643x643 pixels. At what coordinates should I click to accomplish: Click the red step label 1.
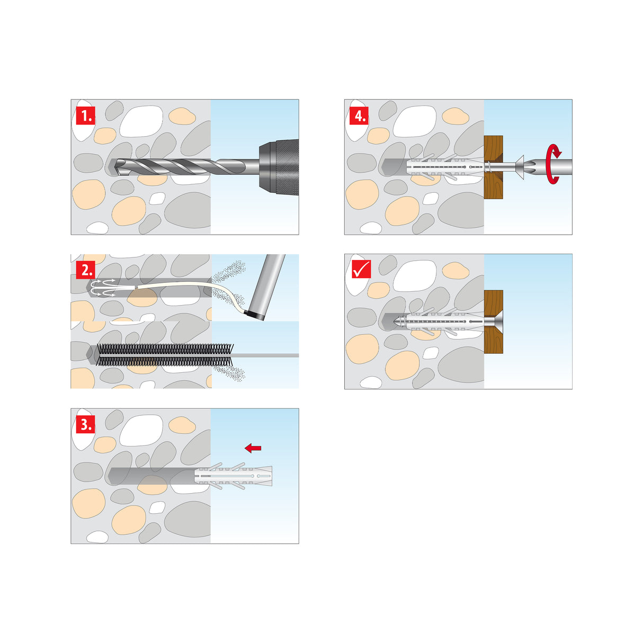pos(86,115)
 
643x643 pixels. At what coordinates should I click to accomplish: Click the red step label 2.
pos(86,270)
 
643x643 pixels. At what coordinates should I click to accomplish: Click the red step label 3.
pos(86,424)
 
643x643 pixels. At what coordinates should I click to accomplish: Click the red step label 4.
pos(360,115)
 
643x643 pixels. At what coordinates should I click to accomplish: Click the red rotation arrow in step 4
pos(553,165)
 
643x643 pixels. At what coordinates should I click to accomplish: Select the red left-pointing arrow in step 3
pos(253,448)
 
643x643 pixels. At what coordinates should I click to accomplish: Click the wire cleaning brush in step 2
pos(164,355)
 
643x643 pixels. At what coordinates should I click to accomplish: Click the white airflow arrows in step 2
pos(104,287)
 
